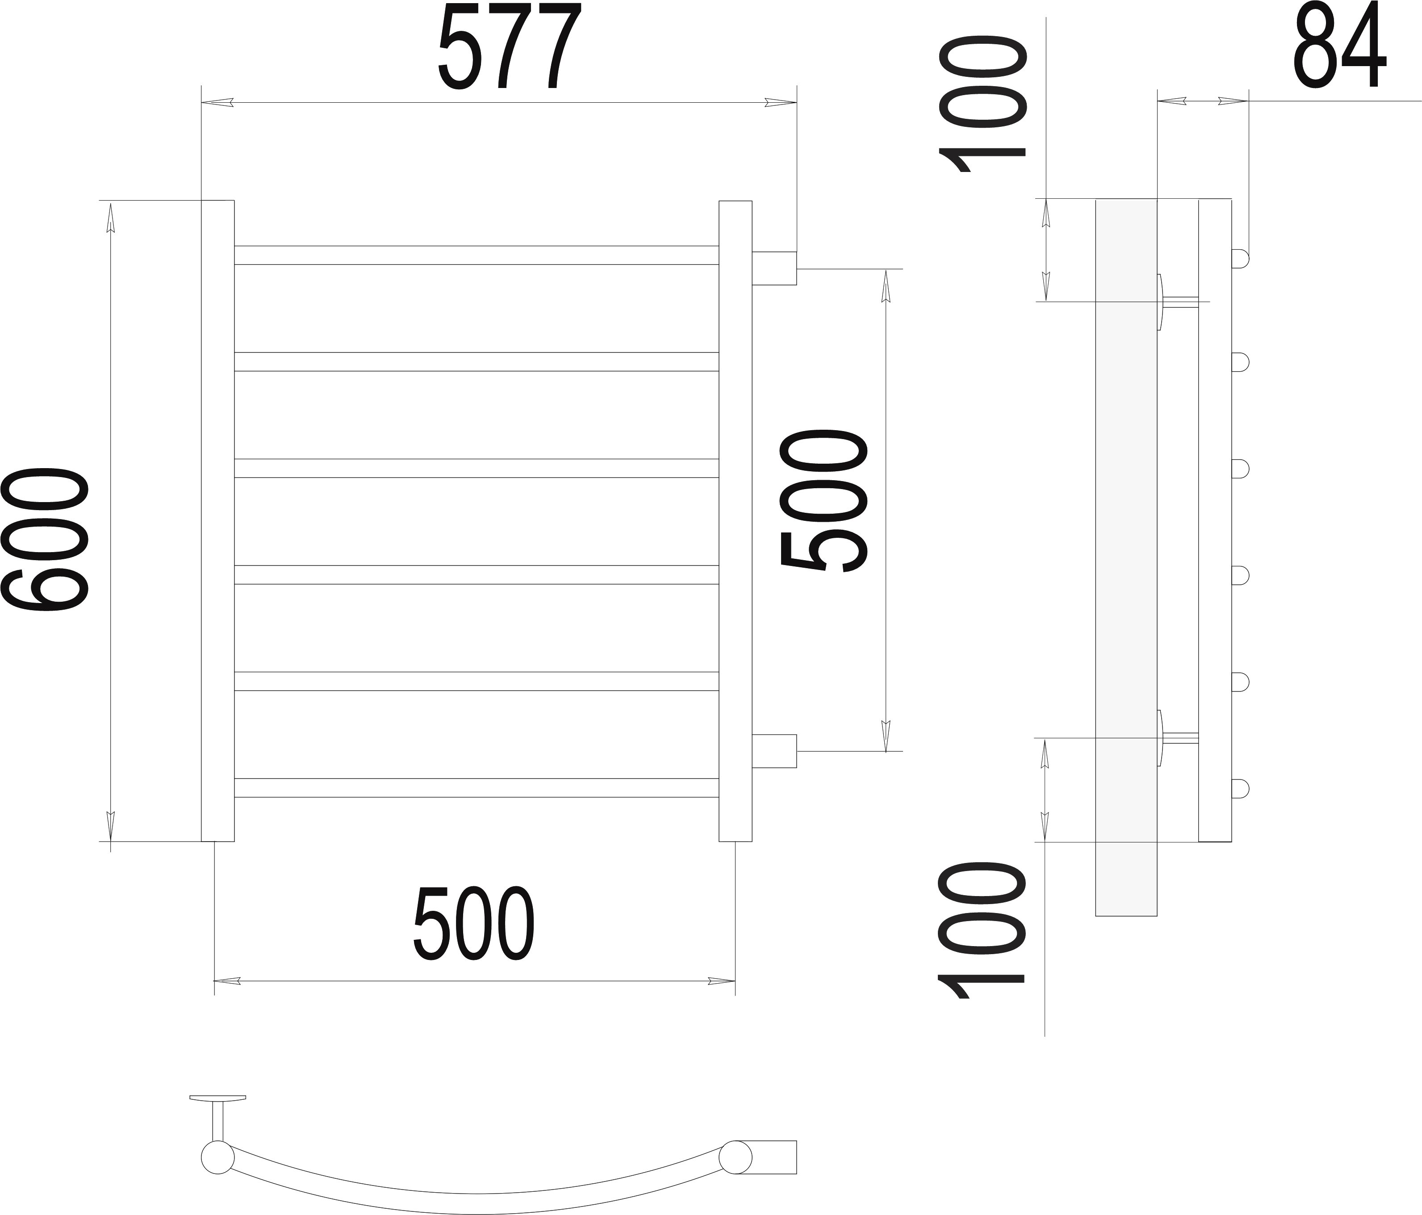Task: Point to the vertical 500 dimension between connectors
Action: click(x=824, y=501)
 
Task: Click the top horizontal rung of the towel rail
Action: click(x=476, y=255)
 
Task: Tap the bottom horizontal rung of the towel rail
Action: click(x=476, y=788)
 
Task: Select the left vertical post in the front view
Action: click(x=217, y=520)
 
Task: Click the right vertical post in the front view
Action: click(x=736, y=520)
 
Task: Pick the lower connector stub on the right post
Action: click(x=774, y=751)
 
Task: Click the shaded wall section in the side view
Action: click(x=1126, y=557)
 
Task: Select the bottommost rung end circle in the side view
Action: click(x=1241, y=789)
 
